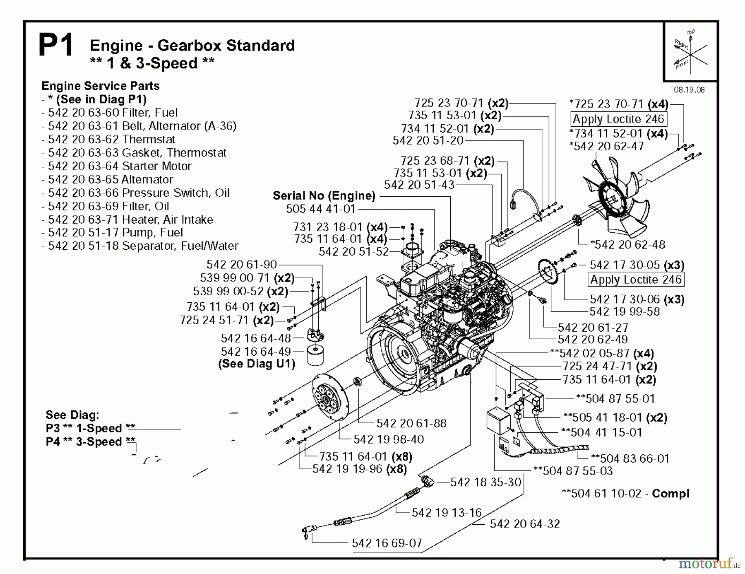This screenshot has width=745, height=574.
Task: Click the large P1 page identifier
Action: (55, 46)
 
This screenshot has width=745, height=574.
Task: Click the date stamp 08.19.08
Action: (689, 90)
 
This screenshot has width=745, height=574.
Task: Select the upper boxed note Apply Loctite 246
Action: (618, 119)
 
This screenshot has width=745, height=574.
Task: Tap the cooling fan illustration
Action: (617, 199)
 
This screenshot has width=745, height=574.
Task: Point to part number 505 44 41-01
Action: (321, 209)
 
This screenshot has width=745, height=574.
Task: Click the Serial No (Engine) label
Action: (324, 195)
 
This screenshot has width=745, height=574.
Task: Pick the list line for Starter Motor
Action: (117, 166)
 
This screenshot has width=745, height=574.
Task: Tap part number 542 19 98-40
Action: (389, 439)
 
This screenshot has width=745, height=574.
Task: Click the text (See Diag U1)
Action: (257, 364)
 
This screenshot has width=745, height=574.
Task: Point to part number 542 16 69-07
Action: (387, 543)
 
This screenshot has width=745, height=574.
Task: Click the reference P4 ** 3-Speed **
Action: (90, 442)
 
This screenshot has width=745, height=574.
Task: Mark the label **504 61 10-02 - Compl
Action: (625, 494)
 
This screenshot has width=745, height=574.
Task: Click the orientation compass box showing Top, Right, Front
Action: (690, 52)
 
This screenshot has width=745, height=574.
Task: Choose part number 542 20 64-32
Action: (524, 524)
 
